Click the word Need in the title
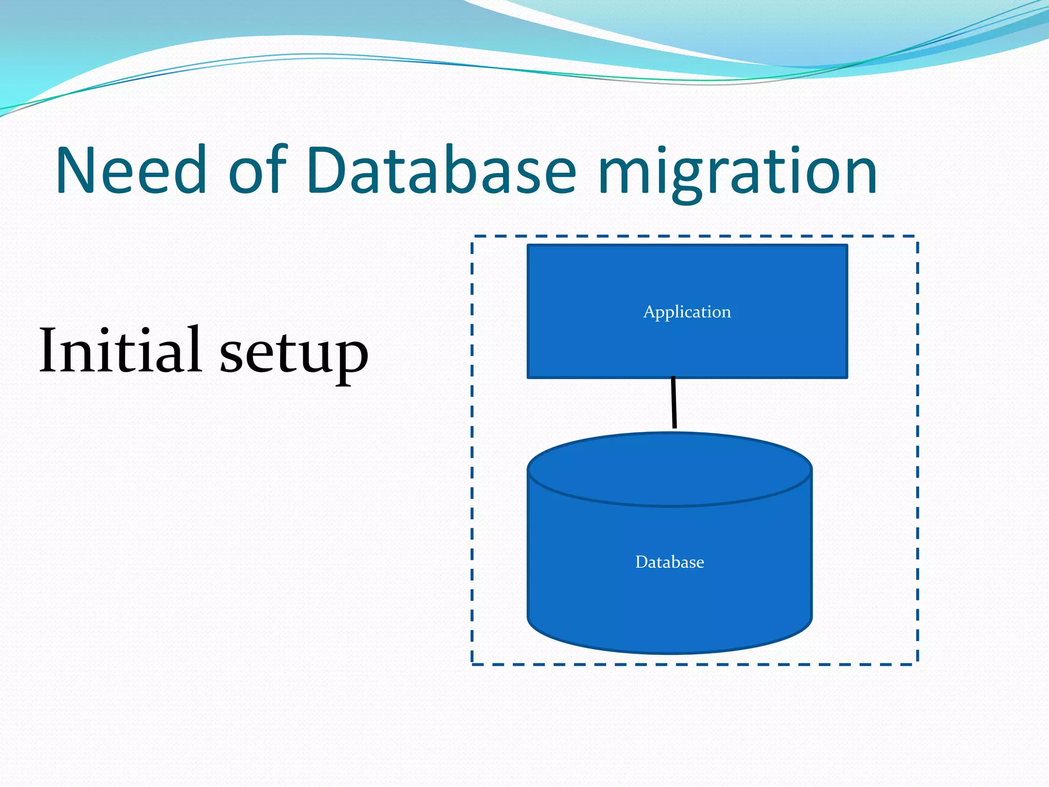(x=131, y=170)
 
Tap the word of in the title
(x=258, y=170)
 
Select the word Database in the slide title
(x=442, y=170)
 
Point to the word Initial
(x=120, y=350)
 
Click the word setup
(x=294, y=354)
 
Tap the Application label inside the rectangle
(x=687, y=312)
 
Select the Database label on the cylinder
(x=669, y=562)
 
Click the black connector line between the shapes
(x=674, y=403)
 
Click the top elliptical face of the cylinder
(x=669, y=469)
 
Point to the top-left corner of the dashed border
(x=472, y=237)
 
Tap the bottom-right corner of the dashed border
(x=917, y=664)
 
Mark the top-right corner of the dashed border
(x=917, y=237)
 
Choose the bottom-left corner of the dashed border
(x=472, y=664)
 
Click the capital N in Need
(x=77, y=170)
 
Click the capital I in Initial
(x=50, y=350)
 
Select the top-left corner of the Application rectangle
(x=529, y=246)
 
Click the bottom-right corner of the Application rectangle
(x=847, y=377)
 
